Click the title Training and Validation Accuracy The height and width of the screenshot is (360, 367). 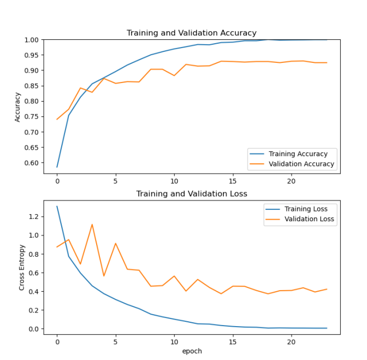tap(191, 33)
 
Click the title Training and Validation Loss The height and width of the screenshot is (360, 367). tap(191, 193)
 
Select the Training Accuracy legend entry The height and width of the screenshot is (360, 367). tap(298, 154)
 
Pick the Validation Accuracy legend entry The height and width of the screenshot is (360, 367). tap(301, 164)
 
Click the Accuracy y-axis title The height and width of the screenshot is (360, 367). tap(17, 107)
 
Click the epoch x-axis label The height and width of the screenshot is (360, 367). tap(191, 351)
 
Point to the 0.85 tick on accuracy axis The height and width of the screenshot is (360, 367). tap(32, 101)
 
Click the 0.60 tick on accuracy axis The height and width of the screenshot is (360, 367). tap(32, 163)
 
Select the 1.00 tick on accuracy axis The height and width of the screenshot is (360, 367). tap(32, 40)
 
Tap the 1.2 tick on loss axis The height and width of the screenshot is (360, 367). tap(34, 216)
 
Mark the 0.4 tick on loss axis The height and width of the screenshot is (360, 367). tap(34, 291)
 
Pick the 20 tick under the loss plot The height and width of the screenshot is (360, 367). tap(291, 341)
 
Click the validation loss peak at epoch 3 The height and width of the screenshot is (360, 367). tap(92, 224)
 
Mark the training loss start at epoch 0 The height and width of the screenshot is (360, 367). tap(57, 206)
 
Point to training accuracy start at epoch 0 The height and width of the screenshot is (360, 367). tap(57, 167)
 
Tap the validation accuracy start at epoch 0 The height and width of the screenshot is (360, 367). tap(57, 120)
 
